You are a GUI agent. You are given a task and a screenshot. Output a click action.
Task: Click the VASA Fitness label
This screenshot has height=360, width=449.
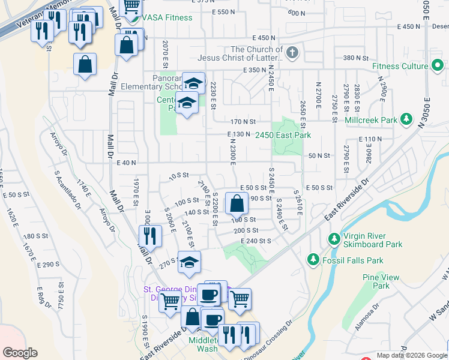click(x=168, y=17)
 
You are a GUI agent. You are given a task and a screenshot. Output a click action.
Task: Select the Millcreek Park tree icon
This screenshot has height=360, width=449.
click(x=406, y=120)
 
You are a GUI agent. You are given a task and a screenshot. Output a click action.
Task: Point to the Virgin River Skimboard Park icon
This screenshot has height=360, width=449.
click(x=334, y=239)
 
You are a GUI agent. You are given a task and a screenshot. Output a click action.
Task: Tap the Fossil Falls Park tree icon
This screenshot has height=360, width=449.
click(x=313, y=259)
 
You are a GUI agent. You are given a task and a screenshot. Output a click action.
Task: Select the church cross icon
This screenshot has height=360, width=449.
click(x=292, y=52)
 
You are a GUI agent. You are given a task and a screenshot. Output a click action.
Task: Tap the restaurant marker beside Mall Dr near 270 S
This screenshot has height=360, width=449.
click(x=150, y=236)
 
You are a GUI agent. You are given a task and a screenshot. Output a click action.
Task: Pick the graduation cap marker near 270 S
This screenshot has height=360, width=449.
click(x=189, y=263)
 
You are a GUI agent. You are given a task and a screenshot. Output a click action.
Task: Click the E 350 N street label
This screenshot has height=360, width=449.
click(x=238, y=70)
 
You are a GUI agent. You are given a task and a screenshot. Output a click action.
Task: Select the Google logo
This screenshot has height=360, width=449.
click(x=20, y=353)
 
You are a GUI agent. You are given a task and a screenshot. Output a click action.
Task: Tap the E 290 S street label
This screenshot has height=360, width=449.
click(x=48, y=264)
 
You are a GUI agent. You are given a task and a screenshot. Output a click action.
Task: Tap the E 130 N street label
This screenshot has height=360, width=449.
click(x=238, y=134)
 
